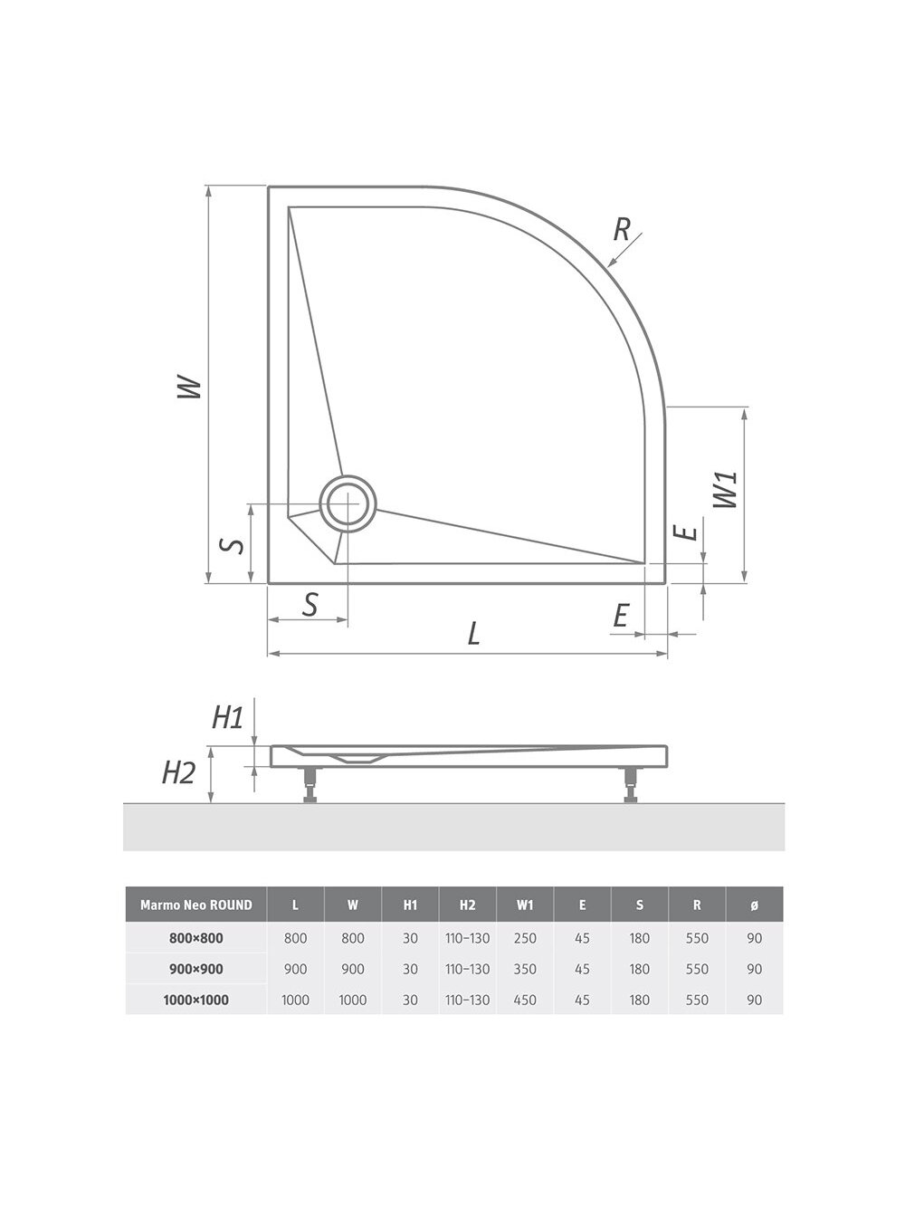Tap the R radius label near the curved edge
click(622, 229)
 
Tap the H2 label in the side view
click(178, 772)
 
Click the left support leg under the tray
click(310, 785)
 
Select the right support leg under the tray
click(631, 785)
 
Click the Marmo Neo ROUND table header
click(196, 905)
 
